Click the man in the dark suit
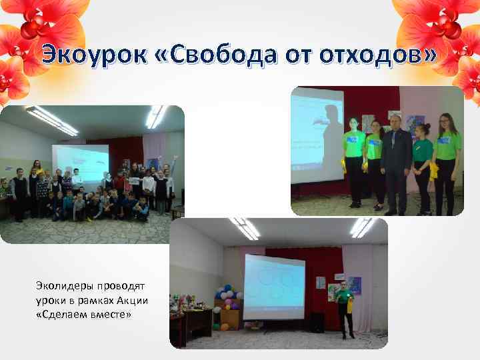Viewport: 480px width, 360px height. (395, 163)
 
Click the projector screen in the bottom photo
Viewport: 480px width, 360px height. (273, 287)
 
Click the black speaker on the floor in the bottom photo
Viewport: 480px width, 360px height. (317, 323)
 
